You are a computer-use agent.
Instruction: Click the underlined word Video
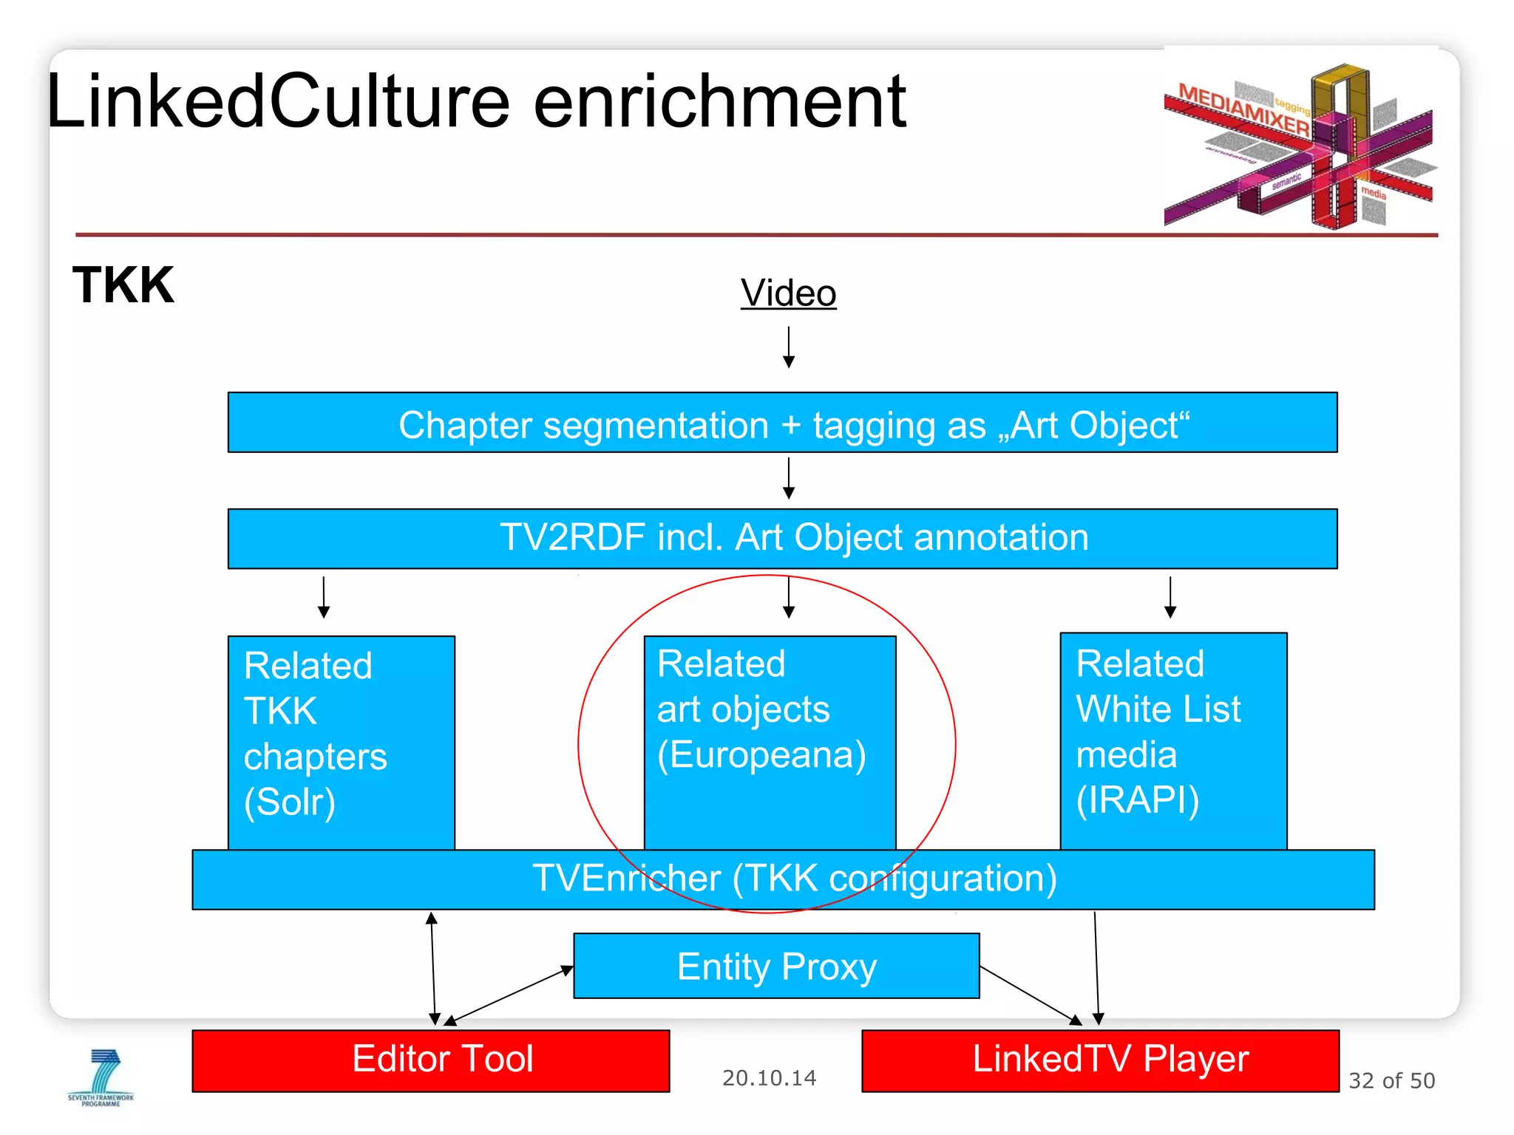tap(788, 293)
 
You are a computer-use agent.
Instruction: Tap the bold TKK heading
tap(123, 285)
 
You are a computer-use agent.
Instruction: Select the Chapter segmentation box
tap(782, 423)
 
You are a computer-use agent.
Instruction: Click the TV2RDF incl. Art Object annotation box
tap(782, 539)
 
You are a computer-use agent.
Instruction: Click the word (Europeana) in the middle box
tap(761, 755)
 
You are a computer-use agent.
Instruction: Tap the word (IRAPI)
tap(1137, 800)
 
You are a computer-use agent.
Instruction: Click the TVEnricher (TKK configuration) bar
tap(782, 879)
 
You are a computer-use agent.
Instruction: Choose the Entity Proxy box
tap(776, 967)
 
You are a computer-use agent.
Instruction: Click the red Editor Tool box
tap(431, 1060)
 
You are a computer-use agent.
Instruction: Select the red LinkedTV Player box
tap(1100, 1060)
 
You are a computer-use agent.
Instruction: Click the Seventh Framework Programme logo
tap(101, 1077)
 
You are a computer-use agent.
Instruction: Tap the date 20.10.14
tap(769, 1078)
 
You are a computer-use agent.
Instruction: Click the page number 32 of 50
tap(1391, 1081)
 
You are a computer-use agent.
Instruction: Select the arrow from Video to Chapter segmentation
tap(789, 347)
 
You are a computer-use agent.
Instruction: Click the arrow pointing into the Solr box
tap(324, 597)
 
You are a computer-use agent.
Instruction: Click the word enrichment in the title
tap(719, 103)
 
